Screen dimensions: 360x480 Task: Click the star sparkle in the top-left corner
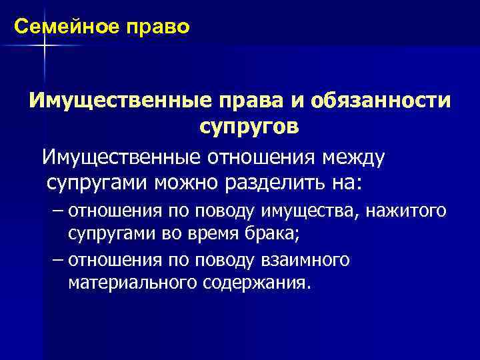pos(44,45)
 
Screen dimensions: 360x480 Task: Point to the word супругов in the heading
pos(248,127)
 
